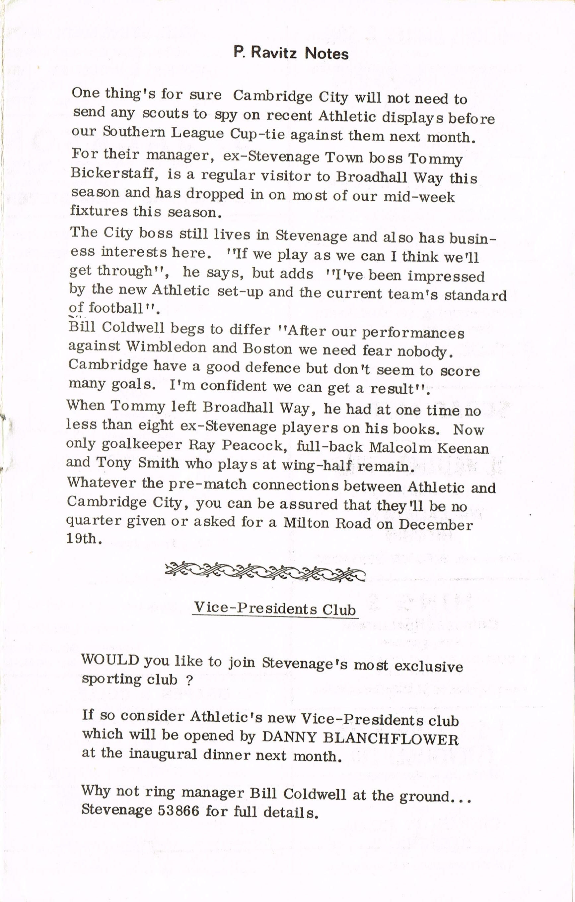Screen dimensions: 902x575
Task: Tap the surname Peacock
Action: [252, 445]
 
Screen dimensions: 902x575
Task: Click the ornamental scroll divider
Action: [265, 572]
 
